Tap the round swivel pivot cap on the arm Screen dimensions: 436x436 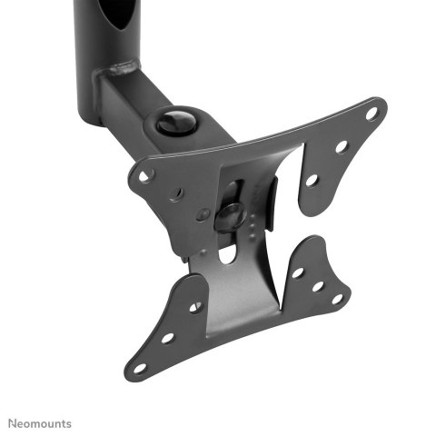[x=174, y=121]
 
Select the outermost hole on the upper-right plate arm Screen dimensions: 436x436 [x=371, y=114]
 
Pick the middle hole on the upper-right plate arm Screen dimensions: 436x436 [x=342, y=145]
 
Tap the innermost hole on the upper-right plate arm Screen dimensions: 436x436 [x=312, y=180]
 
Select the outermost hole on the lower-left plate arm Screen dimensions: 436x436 [x=139, y=368]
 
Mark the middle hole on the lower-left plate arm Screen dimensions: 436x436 [x=167, y=337]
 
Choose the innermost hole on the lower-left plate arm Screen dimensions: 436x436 [x=195, y=306]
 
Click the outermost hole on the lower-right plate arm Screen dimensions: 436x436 [x=337, y=298]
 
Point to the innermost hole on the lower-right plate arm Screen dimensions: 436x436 [x=298, y=272]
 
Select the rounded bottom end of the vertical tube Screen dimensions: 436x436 [x=91, y=118]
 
